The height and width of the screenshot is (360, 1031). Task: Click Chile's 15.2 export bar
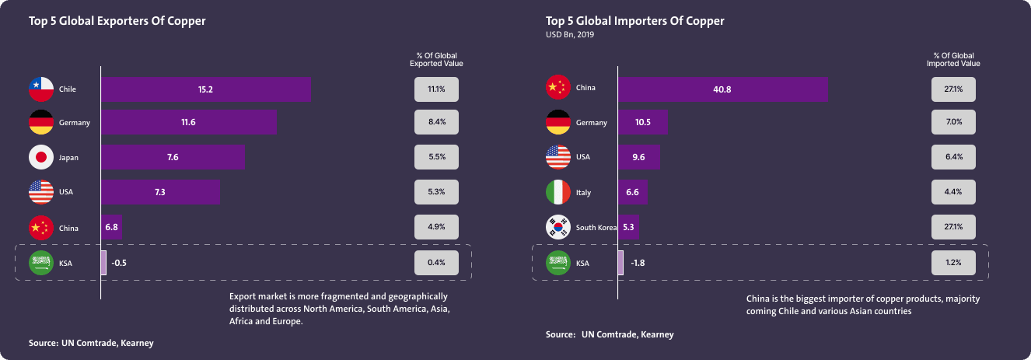pos(205,89)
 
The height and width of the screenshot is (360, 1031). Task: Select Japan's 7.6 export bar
pos(173,157)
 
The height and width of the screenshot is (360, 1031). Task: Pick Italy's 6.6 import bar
pos(632,192)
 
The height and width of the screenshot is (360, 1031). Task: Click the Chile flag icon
pos(41,89)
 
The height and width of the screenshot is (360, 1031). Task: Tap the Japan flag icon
pos(41,157)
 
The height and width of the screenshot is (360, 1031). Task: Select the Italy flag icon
pos(559,192)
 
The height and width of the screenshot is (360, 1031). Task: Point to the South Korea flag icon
pos(559,227)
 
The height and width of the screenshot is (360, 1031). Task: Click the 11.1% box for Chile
pos(436,89)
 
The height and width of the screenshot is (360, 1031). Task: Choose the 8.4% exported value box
pos(436,122)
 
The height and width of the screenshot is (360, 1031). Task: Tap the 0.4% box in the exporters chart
pos(436,263)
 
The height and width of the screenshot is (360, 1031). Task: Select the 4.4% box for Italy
pos(954,192)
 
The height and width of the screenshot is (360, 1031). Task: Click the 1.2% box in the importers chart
pos(954,263)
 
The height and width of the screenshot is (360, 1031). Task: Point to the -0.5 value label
pos(119,263)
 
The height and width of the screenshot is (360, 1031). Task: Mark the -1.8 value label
pos(637,263)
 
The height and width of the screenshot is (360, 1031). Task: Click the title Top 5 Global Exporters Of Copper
pos(117,21)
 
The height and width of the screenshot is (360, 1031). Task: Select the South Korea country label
pos(596,228)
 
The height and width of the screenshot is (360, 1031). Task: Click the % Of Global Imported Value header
pos(953,60)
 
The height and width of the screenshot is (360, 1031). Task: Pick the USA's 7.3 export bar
pos(160,192)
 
